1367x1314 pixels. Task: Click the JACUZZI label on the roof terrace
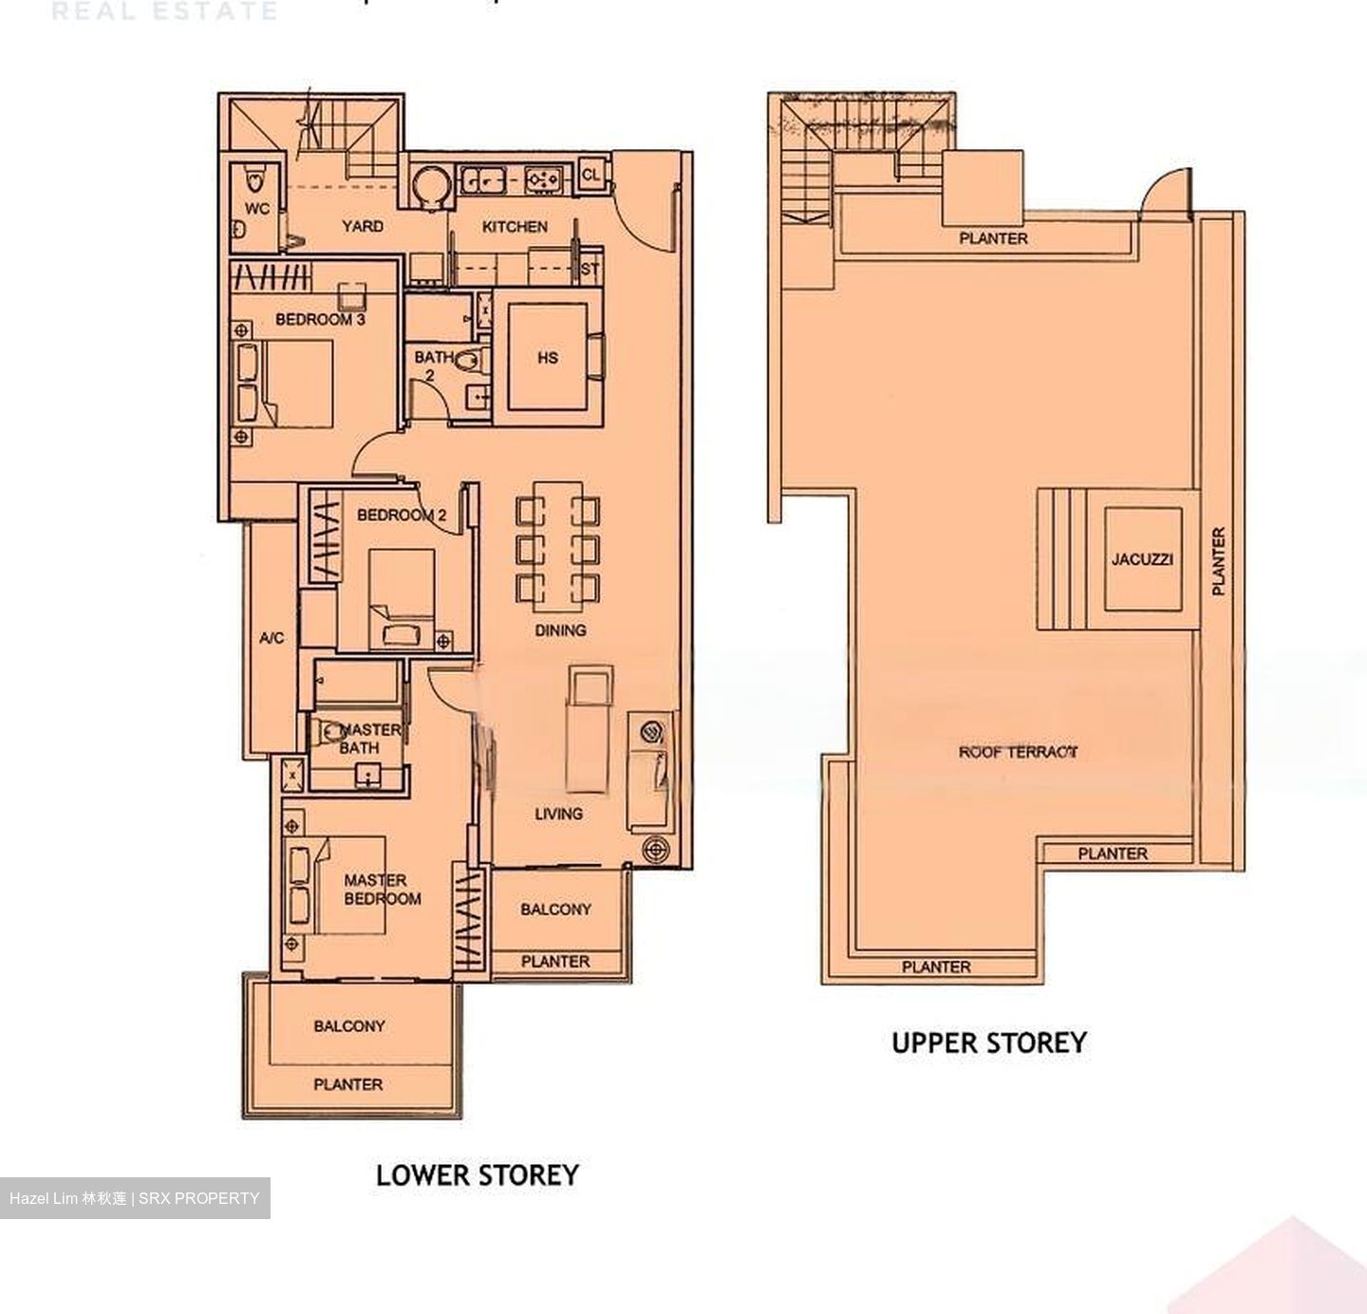pyautogui.click(x=1142, y=559)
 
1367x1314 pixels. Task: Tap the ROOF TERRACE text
pyautogui.click(x=1018, y=752)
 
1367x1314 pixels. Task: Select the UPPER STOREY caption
pyautogui.click(x=988, y=1042)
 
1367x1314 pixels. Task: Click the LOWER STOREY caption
pyautogui.click(x=477, y=1174)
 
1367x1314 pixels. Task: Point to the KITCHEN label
pyautogui.click(x=515, y=227)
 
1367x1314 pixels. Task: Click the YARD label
pyautogui.click(x=363, y=226)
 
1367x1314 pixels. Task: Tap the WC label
pyautogui.click(x=256, y=209)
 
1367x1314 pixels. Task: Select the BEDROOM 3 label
pyautogui.click(x=320, y=320)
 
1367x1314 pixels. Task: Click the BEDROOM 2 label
pyautogui.click(x=401, y=516)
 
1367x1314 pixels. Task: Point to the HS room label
pyautogui.click(x=548, y=358)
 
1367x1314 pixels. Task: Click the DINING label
pyautogui.click(x=560, y=630)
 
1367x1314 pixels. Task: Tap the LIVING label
pyautogui.click(x=558, y=814)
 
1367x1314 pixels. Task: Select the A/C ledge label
pyautogui.click(x=272, y=638)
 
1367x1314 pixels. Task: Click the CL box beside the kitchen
pyautogui.click(x=590, y=175)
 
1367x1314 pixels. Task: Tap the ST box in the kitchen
pyautogui.click(x=590, y=269)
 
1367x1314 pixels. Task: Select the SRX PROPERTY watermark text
pyautogui.click(x=199, y=1198)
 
